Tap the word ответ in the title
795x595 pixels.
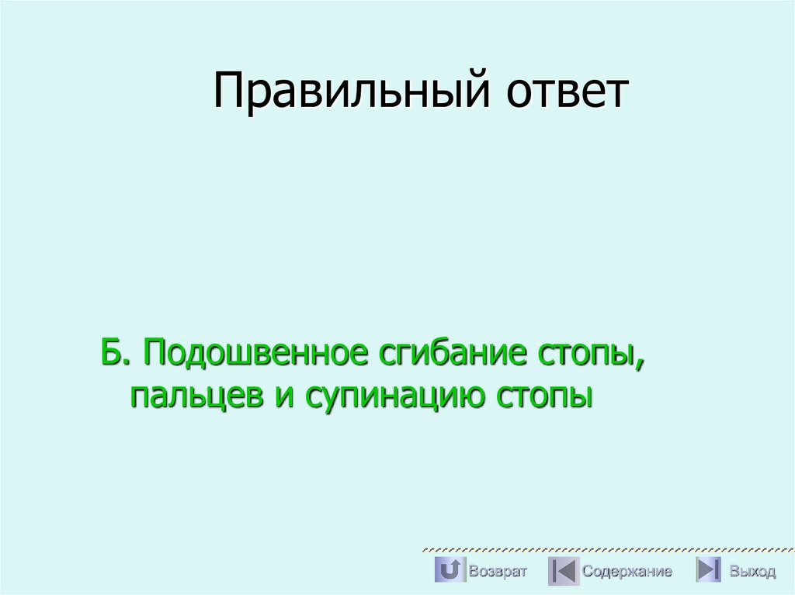tap(568, 92)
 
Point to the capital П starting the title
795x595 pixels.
tap(229, 92)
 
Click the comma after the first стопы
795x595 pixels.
tap(641, 365)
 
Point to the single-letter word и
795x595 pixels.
tap(279, 397)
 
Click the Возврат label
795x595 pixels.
tap(498, 572)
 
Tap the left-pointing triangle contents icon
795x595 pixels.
tap(563, 571)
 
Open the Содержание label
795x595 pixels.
tap(627, 572)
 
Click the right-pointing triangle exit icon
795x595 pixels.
tap(708, 570)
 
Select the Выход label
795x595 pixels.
tap(752, 572)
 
